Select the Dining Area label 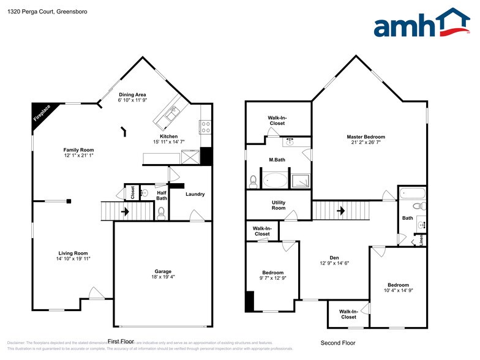[132, 95]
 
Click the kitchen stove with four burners [206, 127]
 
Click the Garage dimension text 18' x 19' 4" [163, 277]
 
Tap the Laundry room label [195, 194]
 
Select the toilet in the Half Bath [162, 212]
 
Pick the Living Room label [73, 253]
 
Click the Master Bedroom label [366, 137]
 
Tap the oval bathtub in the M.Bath [276, 181]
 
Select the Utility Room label [279, 205]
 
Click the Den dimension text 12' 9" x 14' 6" [334, 263]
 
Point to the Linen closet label [422, 239]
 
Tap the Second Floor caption [337, 343]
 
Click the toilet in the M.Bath [253, 181]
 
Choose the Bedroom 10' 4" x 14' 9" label [398, 288]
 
